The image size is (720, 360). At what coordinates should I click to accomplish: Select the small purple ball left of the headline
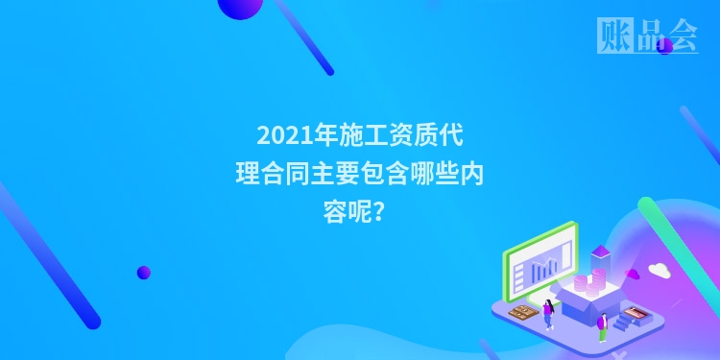point(144,273)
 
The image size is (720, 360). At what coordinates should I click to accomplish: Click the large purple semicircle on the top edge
point(240,6)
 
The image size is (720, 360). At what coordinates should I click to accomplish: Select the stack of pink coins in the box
point(596,282)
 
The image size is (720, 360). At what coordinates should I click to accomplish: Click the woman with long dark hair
point(548,311)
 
